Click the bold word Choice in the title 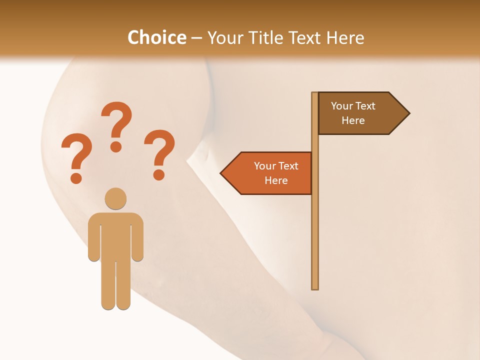click(156, 37)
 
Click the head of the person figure click(115, 198)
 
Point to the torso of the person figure click(115, 235)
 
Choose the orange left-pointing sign click(270, 173)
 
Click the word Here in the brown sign click(353, 120)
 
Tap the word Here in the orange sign click(276, 180)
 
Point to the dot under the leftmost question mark click(76, 177)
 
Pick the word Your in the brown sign click(342, 106)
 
